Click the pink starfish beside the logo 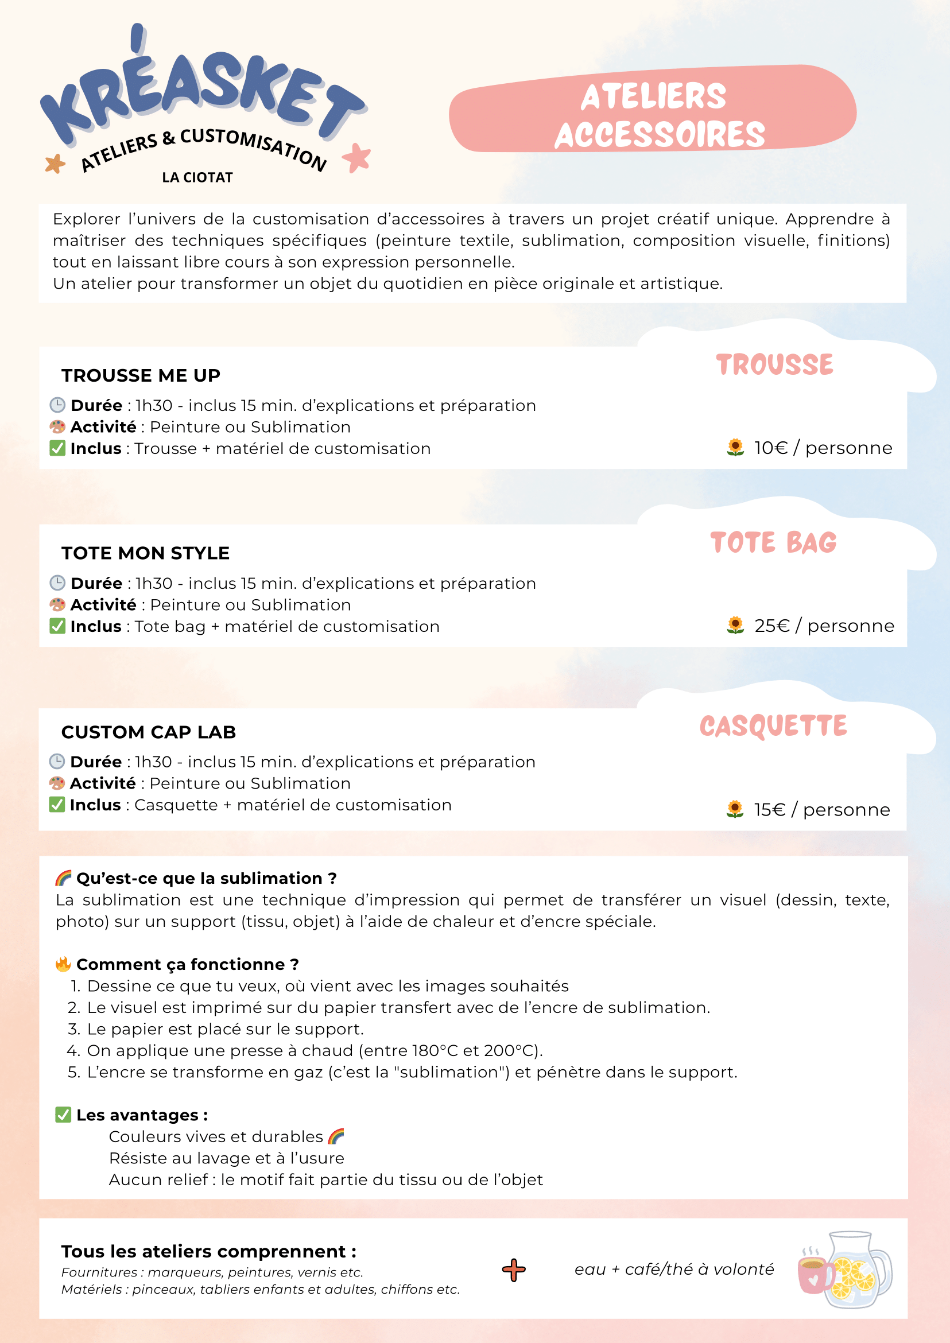coord(356,157)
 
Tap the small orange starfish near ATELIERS coord(56,163)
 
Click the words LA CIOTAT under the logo coord(197,177)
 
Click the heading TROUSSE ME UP coord(141,375)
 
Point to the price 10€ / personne coord(823,448)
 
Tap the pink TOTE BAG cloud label coord(773,542)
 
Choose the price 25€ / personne coord(824,626)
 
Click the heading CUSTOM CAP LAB coord(149,732)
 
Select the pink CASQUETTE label coord(773,726)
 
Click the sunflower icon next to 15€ coord(735,810)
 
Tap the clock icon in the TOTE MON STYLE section coord(57,583)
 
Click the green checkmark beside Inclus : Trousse coord(57,448)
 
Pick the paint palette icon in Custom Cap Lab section coord(57,783)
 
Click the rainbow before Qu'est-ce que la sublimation coord(63,878)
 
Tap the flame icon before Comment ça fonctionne coord(63,964)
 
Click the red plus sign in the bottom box coord(514,1270)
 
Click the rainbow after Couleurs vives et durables coord(336,1136)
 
